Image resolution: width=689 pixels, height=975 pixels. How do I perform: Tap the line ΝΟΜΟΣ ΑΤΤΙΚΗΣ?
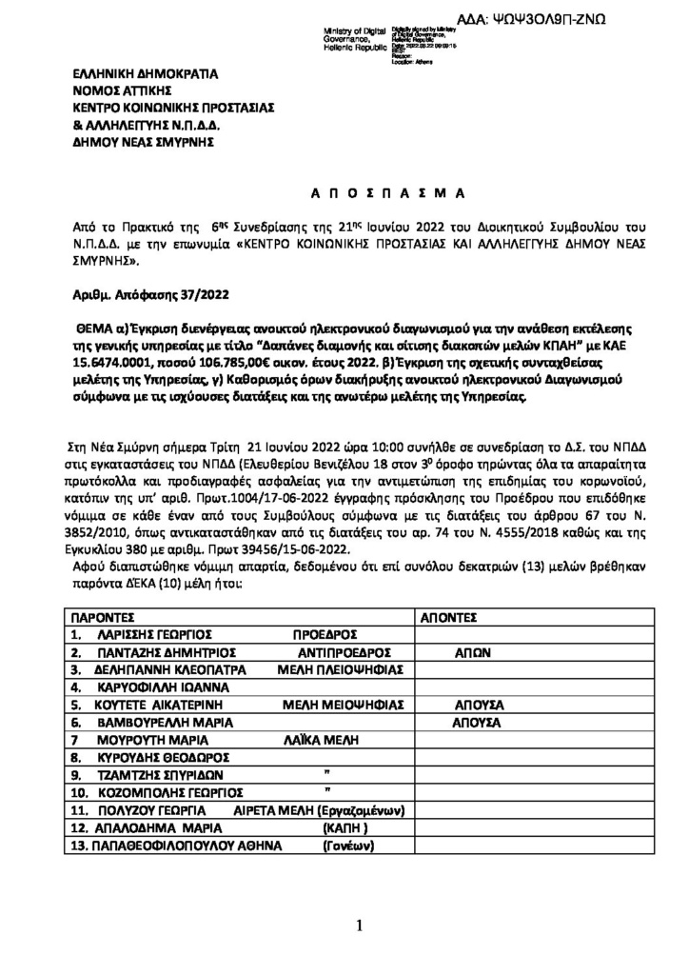120,90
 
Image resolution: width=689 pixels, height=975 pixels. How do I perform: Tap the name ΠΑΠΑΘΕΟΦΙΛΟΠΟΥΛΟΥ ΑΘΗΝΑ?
174,846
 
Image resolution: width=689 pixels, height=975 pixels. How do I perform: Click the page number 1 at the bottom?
359,925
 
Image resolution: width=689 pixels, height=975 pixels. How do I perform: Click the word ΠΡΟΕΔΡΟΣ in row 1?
324,634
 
